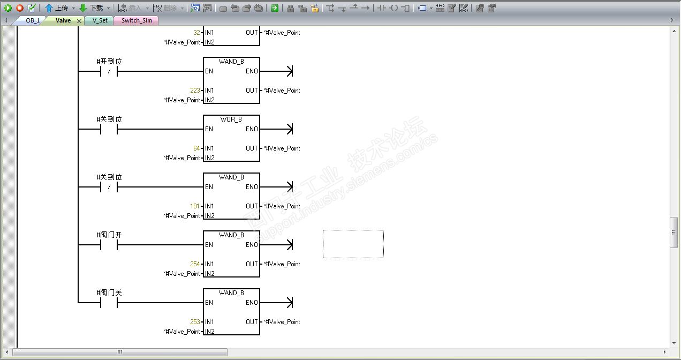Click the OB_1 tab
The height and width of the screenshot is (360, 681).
(33, 20)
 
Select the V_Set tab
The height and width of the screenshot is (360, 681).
(100, 20)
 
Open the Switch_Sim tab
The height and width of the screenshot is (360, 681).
(136, 20)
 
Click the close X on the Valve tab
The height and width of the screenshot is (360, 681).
(79, 21)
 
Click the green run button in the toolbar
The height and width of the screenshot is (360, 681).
(8, 8)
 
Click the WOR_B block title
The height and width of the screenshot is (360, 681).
(231, 119)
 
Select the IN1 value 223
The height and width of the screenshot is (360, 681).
(195, 91)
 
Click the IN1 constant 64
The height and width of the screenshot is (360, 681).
(196, 148)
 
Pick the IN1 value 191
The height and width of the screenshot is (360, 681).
(195, 206)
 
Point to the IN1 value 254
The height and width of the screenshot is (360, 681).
(195, 264)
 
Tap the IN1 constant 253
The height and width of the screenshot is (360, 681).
(195, 322)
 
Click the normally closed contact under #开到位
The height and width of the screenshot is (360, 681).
(109, 72)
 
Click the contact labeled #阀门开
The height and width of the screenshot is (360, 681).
(109, 245)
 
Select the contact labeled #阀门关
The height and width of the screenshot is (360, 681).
(109, 303)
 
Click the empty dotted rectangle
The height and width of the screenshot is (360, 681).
(353, 244)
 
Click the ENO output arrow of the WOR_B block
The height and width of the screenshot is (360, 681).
(290, 129)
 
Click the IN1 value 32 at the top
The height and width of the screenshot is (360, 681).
(196, 33)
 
